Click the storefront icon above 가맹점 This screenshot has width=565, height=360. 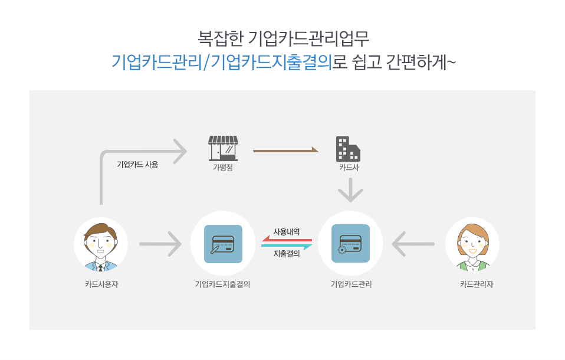click(x=223, y=148)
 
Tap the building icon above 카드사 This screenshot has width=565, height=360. click(x=348, y=149)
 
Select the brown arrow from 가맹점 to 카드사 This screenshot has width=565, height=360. click(x=285, y=150)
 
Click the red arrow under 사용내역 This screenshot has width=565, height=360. click(x=287, y=239)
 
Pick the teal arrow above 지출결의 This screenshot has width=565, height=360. click(x=287, y=246)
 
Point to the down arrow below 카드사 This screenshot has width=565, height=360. click(x=350, y=190)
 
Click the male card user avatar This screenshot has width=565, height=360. click(x=101, y=244)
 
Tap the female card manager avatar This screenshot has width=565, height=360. click(x=472, y=244)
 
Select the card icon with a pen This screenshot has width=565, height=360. click(x=223, y=244)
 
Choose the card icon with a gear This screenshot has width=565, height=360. click(x=350, y=244)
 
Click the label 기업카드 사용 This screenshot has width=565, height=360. click(x=137, y=165)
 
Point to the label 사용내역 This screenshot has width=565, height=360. click(x=287, y=231)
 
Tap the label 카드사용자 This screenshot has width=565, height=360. click(x=101, y=284)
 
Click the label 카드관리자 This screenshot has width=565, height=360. click(x=477, y=284)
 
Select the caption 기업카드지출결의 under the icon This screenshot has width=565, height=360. click(x=223, y=284)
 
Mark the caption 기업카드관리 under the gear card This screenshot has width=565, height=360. click(x=352, y=284)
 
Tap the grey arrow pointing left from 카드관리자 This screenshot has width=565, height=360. click(x=413, y=244)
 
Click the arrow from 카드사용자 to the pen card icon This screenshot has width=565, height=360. click(x=160, y=244)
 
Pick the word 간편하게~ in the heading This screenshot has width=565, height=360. click(x=421, y=62)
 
